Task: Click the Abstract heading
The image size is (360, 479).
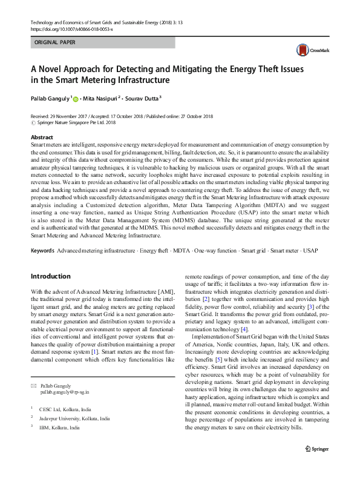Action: pos(42,138)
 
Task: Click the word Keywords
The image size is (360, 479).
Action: pos(42,250)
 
